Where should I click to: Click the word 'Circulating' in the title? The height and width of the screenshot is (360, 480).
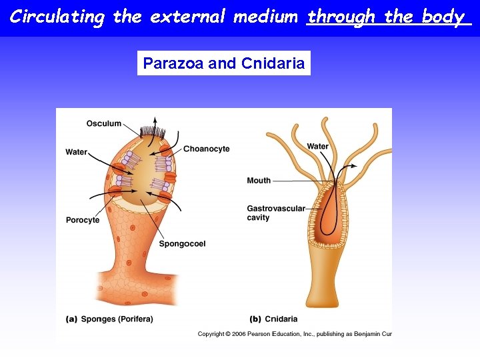(x=57, y=17)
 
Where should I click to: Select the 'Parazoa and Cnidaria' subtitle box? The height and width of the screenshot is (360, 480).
(x=224, y=63)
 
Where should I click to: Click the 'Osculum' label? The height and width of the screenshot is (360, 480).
(x=104, y=123)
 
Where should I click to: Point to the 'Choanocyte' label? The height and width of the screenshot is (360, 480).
(x=206, y=149)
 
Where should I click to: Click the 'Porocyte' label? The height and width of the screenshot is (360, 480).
(x=83, y=220)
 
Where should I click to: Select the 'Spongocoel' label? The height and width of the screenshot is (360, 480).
(x=182, y=244)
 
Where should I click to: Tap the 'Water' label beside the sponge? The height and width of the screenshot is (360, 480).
(x=77, y=152)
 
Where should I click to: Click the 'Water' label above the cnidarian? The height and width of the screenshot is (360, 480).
(x=318, y=147)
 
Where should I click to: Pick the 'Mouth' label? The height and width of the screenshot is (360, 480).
(x=259, y=181)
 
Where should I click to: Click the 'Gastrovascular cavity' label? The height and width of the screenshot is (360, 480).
(x=275, y=213)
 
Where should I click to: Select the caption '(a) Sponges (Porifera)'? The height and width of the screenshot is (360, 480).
(x=109, y=319)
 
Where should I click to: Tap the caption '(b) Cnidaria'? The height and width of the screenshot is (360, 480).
(x=273, y=319)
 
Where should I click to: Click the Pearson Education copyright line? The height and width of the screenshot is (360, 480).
(x=294, y=334)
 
